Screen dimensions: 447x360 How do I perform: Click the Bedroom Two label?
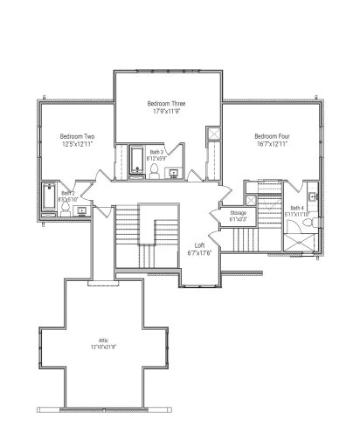click(x=77, y=137)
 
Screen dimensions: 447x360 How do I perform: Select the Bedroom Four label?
click(x=271, y=136)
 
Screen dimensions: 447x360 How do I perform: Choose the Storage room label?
click(x=239, y=213)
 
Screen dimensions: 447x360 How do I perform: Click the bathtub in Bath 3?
click(x=138, y=159)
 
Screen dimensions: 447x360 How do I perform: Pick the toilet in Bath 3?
click(x=155, y=172)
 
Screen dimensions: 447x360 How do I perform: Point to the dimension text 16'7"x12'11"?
click(x=271, y=144)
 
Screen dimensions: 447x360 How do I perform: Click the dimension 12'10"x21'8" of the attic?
click(x=107, y=347)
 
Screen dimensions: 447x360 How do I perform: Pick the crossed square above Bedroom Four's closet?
click(x=211, y=135)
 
